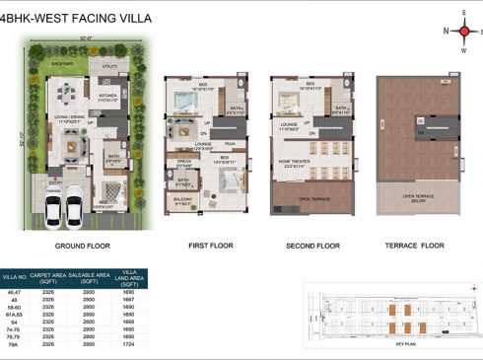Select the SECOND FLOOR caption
pos(311,246)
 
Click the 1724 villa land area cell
pos(130,346)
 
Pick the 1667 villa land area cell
pos(130,300)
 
